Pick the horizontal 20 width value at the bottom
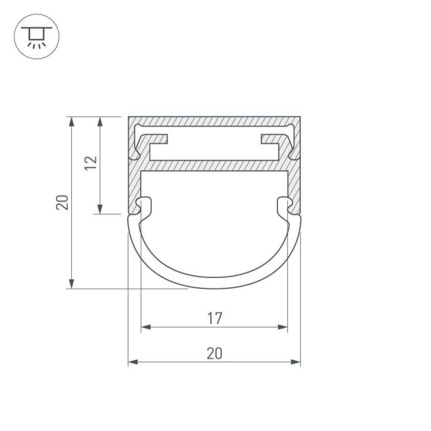(214, 353)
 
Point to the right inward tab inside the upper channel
(270, 143)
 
